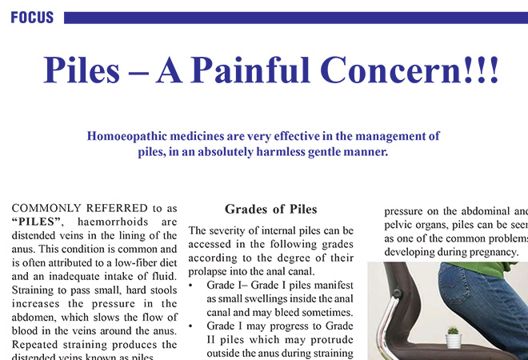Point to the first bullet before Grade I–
pos(191,284)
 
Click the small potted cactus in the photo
pos(454,336)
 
